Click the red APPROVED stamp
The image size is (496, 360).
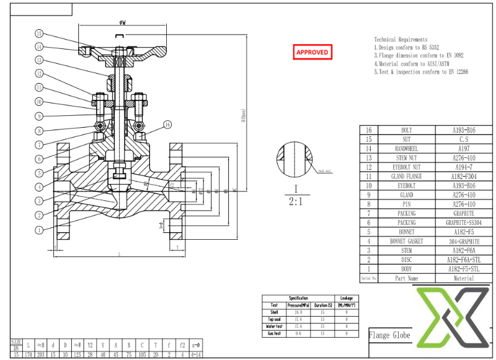point(312,52)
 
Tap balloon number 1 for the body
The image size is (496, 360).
point(38,230)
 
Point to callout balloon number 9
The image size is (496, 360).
point(38,116)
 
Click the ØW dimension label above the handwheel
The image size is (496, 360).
point(123,22)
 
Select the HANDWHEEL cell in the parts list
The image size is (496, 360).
point(406,149)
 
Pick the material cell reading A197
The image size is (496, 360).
point(464,149)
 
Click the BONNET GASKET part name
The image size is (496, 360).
point(406,241)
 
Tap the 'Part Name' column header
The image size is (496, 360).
point(406,278)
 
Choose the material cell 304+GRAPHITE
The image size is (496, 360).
point(464,241)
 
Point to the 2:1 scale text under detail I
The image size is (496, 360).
point(296,201)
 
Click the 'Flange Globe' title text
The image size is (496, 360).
point(389,335)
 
